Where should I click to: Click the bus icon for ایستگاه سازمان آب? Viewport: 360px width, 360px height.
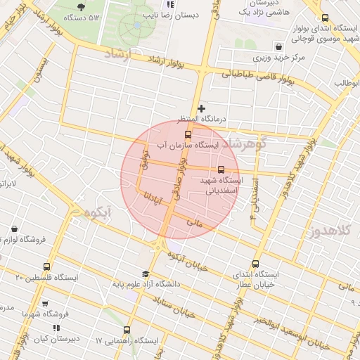188,134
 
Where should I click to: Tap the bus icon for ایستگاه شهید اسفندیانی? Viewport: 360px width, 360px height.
221,169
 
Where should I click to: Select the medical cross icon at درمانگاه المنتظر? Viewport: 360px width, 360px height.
202,109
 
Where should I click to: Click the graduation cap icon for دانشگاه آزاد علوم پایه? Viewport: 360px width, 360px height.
146,274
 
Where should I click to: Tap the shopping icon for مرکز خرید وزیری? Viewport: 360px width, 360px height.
278,46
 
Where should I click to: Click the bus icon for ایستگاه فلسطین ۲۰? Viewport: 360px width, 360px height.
47,266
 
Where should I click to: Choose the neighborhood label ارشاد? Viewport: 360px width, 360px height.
118,54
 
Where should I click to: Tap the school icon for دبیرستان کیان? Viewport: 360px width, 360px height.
56,328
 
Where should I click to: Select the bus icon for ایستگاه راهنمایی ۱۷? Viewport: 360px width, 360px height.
127,329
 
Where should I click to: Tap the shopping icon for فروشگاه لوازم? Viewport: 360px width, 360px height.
14,229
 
